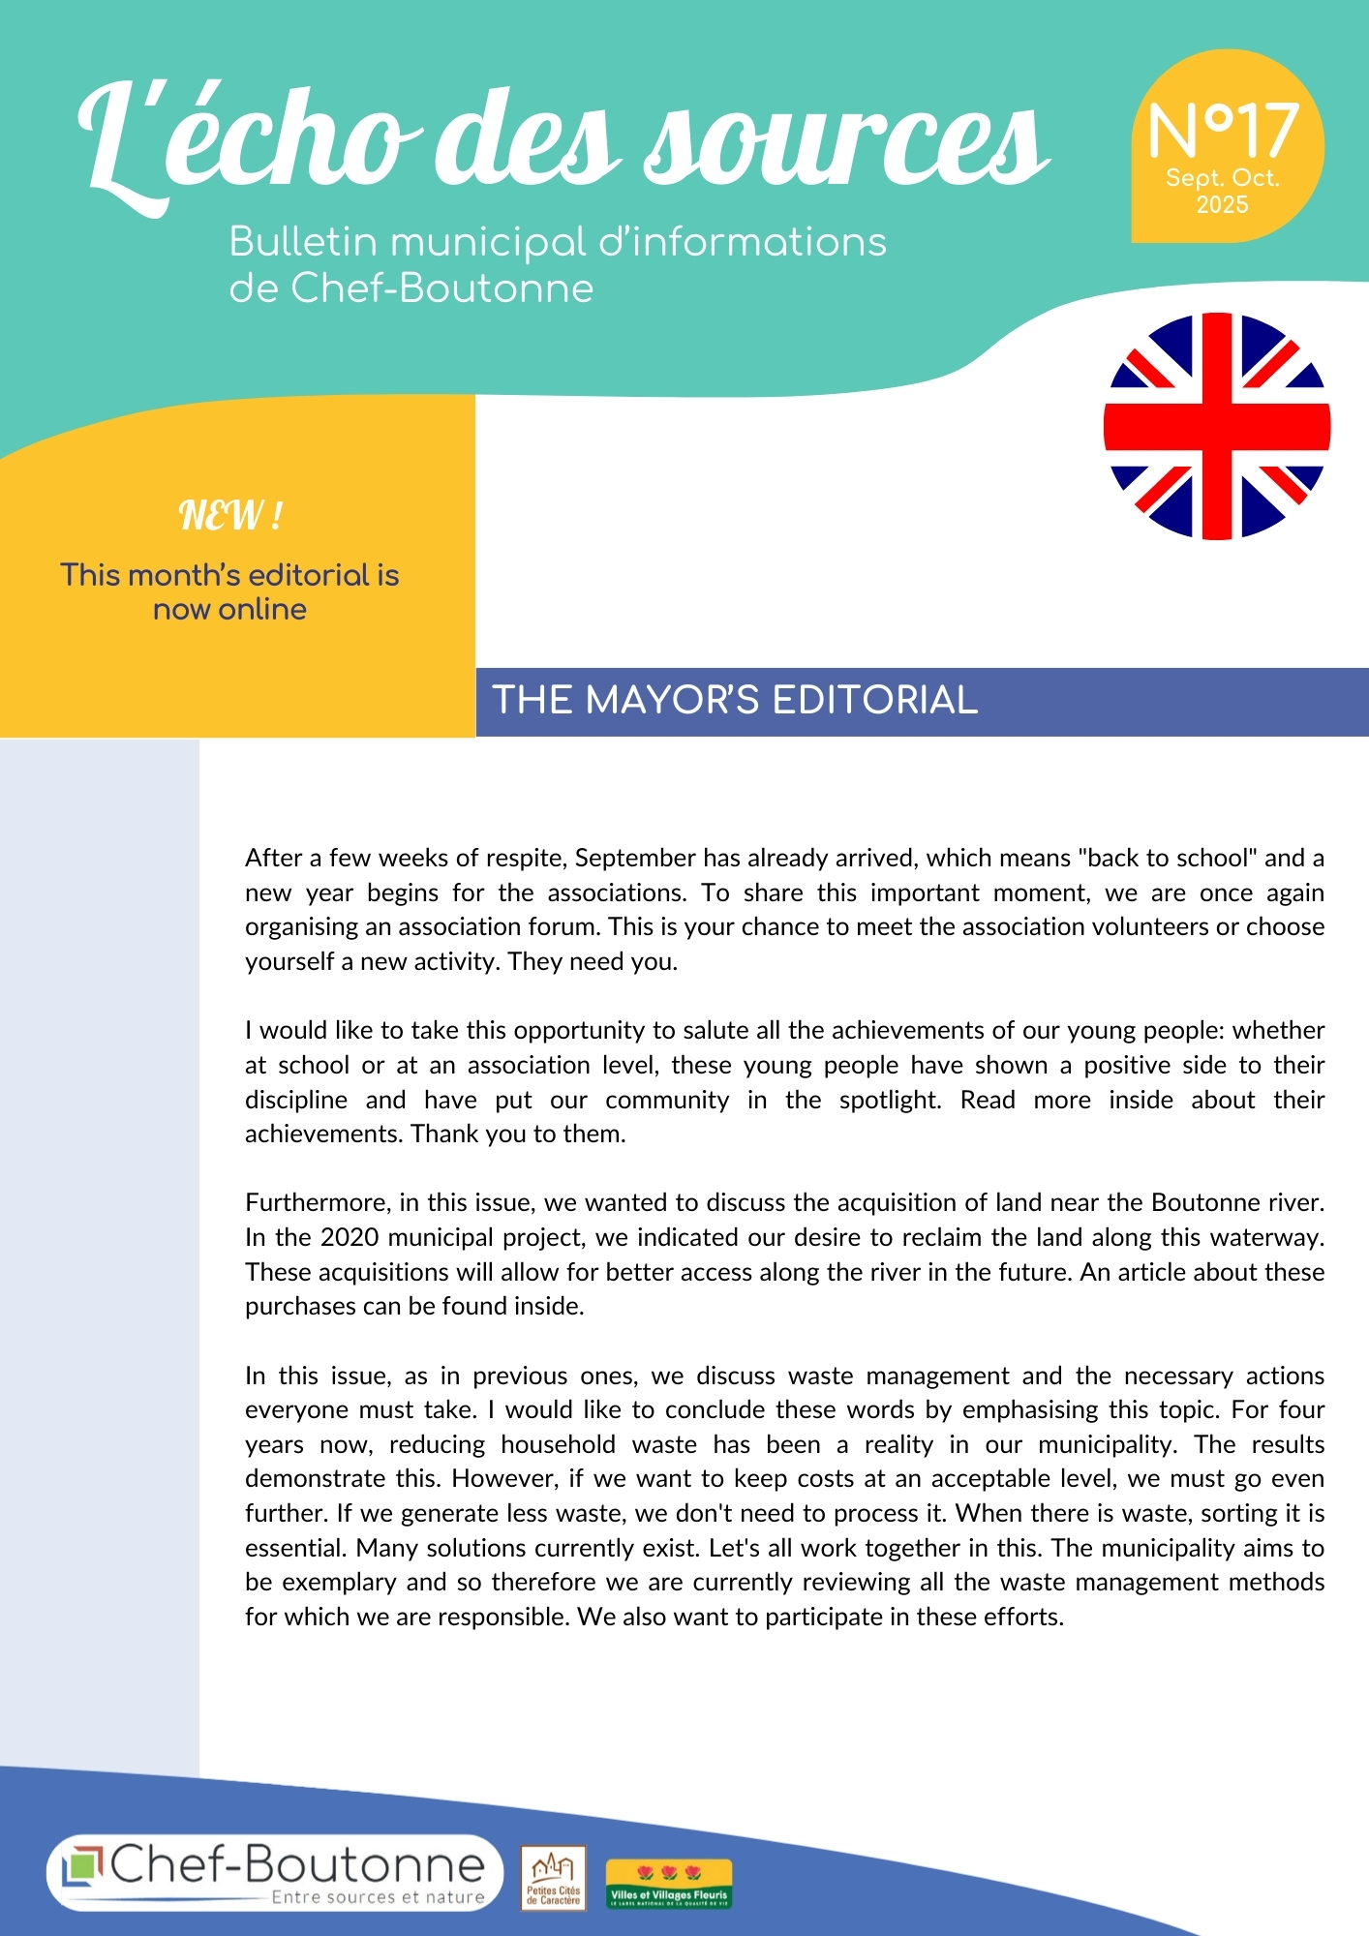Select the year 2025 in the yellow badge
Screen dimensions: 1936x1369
[1222, 205]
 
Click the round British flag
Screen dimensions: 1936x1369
[1217, 426]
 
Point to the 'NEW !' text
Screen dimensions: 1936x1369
[230, 515]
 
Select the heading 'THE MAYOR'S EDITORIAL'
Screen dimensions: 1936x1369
[735, 700]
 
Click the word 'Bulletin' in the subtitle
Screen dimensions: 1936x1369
[302, 242]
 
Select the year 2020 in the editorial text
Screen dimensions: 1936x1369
[349, 1238]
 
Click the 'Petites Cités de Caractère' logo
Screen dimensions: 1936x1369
[553, 1878]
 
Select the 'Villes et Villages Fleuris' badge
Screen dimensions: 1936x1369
[668, 1884]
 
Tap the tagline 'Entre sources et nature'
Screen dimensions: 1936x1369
[378, 1897]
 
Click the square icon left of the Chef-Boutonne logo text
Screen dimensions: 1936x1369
[83, 1866]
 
